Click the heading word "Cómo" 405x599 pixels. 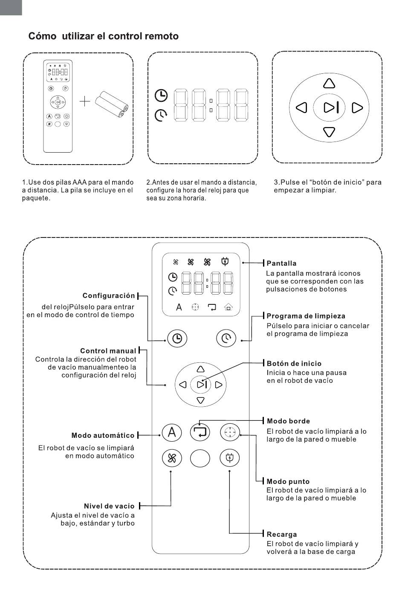point(42,36)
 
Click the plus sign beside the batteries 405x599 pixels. point(85,101)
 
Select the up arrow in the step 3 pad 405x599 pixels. point(329,83)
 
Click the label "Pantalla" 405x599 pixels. point(281,263)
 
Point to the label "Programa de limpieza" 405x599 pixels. point(306,316)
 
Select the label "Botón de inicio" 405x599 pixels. point(294,364)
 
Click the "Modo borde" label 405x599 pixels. point(288,421)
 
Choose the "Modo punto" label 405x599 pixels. point(288,482)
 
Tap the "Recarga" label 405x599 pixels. point(281,534)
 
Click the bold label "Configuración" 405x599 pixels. point(109,295)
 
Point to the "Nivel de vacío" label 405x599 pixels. point(109,506)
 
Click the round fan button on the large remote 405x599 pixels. point(172,459)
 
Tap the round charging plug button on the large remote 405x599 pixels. point(230,459)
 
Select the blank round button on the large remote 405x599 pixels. point(200,459)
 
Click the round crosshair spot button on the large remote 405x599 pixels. point(230,433)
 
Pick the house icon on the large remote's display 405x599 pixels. point(228,307)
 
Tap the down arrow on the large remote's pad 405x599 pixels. point(200,400)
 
